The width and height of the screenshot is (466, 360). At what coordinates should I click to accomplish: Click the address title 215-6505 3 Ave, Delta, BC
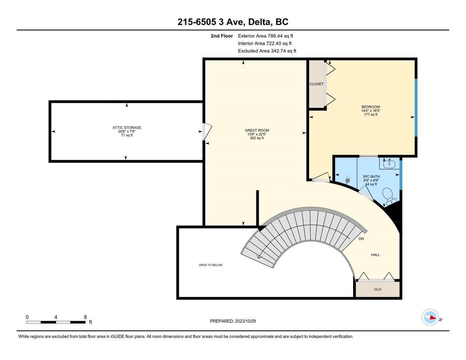(233, 22)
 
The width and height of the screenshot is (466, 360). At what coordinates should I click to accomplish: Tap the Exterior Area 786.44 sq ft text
(265, 36)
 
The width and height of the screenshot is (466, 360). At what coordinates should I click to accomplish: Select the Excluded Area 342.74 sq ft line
(267, 51)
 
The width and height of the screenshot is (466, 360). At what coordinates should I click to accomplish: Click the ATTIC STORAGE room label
(127, 127)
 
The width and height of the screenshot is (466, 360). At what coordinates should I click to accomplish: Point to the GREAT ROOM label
(257, 130)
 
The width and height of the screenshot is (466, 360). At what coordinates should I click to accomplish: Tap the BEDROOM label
(371, 107)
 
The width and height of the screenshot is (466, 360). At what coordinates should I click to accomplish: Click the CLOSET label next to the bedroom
(316, 84)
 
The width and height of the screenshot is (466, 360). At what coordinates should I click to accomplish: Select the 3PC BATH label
(371, 177)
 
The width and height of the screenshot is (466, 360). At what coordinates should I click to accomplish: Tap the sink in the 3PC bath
(390, 164)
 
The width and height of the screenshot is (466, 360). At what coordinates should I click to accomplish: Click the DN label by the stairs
(361, 239)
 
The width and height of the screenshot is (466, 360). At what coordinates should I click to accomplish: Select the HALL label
(375, 255)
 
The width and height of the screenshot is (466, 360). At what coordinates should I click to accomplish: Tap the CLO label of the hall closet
(378, 289)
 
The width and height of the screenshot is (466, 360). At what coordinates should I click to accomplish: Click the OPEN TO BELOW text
(210, 265)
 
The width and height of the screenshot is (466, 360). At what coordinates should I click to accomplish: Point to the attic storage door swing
(208, 132)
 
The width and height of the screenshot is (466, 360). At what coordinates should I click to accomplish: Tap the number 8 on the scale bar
(85, 317)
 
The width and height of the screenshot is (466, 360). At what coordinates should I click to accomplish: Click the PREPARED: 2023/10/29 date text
(233, 321)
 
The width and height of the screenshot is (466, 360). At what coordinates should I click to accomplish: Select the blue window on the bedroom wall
(416, 108)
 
